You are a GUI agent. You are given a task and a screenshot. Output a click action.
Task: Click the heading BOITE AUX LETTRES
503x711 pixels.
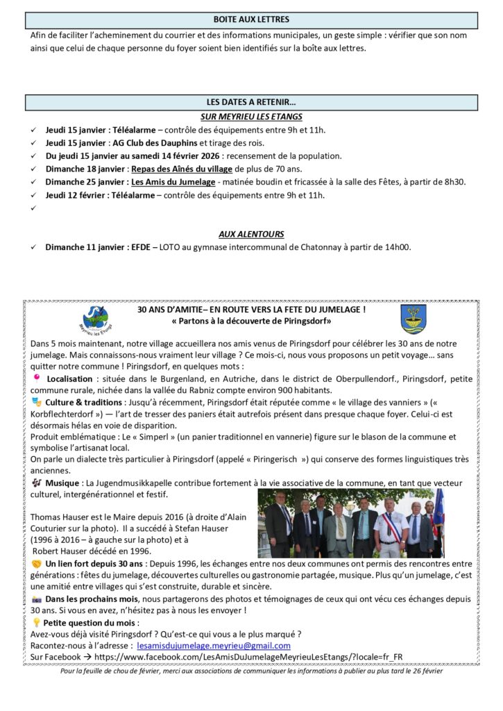(251, 19)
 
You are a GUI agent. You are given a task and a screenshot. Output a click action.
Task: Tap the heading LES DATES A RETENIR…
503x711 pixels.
(251, 103)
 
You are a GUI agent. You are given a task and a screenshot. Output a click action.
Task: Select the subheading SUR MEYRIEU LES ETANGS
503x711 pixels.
(251, 117)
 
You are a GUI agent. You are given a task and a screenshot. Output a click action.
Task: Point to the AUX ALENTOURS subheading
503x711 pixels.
(251, 234)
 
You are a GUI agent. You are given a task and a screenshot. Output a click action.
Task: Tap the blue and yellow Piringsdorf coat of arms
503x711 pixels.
(414, 319)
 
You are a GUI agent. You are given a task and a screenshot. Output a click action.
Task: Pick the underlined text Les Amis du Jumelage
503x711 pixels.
(173, 182)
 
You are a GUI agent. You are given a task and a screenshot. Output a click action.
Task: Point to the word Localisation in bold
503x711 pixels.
(69, 379)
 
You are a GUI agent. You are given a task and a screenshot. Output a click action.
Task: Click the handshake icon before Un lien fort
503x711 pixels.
(37, 563)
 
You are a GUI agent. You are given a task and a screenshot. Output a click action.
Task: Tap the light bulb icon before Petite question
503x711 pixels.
(36, 623)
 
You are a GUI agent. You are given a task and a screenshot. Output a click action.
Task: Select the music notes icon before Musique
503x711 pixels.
(37, 483)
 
